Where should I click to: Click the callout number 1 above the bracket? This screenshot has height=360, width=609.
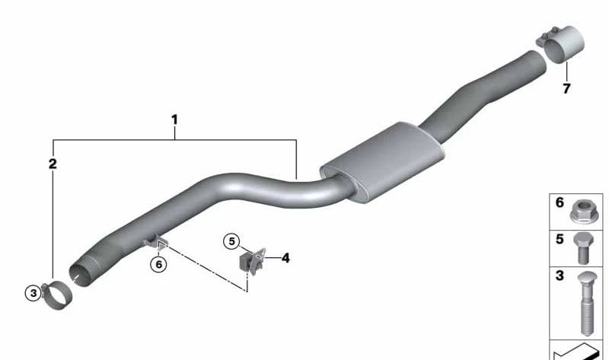(x=174, y=119)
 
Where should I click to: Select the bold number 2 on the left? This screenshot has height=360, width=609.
(x=53, y=164)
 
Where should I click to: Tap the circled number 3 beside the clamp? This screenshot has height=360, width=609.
(x=33, y=293)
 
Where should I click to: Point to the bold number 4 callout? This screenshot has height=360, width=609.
(x=285, y=257)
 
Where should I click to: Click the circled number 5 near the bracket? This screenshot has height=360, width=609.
(x=231, y=241)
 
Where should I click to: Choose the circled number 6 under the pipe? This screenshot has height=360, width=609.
(x=158, y=264)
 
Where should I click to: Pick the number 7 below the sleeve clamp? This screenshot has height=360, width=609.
(x=566, y=88)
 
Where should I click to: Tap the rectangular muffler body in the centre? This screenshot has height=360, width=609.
(x=382, y=162)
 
